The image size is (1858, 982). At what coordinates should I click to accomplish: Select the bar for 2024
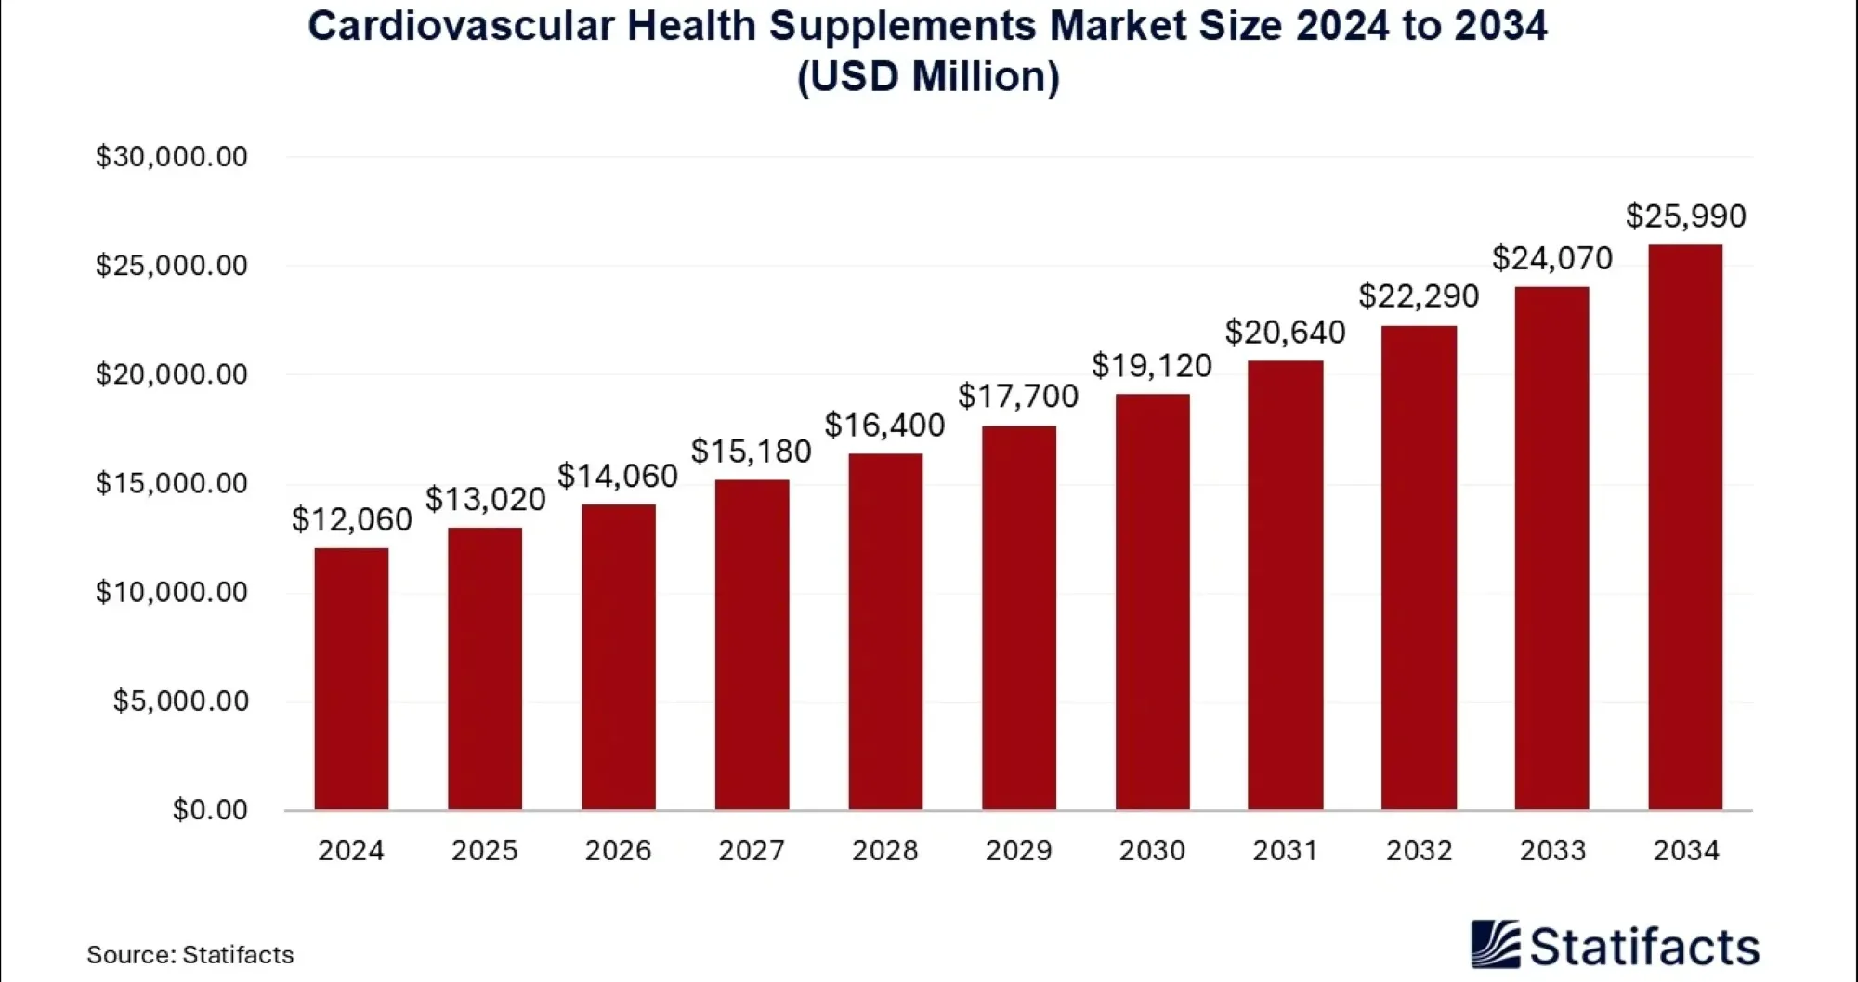351,678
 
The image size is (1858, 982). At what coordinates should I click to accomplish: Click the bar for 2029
1018,618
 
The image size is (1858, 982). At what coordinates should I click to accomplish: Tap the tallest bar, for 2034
1684,527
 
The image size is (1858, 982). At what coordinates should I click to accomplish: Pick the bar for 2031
1285,585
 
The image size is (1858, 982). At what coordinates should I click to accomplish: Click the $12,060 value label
351,519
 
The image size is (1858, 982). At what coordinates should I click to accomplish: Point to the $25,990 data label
1685,216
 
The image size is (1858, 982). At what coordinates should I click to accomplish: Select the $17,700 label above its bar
1018,397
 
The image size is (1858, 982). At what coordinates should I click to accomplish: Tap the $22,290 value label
1419,296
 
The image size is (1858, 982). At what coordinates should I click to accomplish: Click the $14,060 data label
618,477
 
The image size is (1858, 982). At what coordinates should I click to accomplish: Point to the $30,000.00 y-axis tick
172,156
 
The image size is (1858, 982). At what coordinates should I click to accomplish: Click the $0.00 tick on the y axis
210,809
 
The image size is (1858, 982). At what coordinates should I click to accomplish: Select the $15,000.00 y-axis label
172,483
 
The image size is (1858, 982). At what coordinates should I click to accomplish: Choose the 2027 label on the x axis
752,850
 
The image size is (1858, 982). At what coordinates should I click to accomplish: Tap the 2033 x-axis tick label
1552,850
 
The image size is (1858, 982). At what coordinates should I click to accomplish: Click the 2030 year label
1152,850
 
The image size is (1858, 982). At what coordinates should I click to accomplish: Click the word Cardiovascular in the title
461,26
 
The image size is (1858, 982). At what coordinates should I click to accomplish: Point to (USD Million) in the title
928,76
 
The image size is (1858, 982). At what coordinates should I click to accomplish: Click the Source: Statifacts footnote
190,954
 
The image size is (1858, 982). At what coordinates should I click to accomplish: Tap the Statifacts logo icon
1495,945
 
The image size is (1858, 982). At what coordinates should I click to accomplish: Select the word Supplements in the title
902,26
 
